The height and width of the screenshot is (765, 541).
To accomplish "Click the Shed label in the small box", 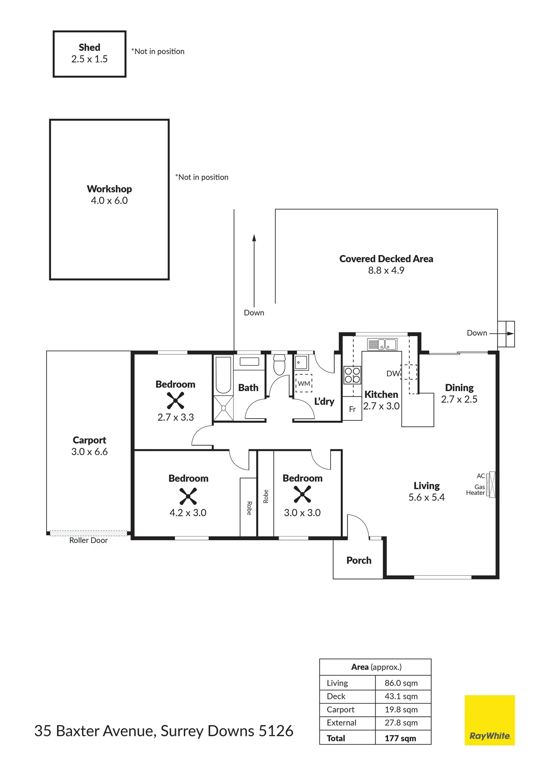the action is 89,47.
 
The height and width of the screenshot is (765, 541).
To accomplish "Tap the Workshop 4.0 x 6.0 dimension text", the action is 109,201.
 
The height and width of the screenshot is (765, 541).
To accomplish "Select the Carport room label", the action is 89,440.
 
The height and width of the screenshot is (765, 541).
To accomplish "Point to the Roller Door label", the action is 88,540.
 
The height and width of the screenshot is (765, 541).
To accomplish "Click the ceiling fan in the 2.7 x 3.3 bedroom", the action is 175,401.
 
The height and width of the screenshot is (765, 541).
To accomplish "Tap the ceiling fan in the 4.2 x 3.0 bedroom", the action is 188,496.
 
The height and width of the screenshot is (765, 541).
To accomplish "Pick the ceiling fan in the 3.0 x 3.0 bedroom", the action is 302,494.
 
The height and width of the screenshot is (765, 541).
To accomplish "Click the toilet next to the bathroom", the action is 279,364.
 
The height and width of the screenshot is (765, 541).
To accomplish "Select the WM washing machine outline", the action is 304,383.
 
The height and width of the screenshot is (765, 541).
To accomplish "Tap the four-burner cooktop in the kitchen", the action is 352,375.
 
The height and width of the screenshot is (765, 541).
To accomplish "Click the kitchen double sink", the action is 382,344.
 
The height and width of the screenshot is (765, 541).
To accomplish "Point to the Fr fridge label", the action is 352,409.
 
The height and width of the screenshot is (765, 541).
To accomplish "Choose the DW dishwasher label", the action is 393,374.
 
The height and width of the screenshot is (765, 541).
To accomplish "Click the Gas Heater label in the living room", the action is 476,490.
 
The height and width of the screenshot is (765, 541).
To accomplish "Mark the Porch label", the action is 359,560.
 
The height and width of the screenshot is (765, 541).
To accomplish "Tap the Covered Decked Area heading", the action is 386,259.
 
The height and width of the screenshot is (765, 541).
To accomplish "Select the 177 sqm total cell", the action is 400,738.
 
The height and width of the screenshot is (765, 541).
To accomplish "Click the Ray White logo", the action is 490,720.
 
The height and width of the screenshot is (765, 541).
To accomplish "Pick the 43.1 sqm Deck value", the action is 401,696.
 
